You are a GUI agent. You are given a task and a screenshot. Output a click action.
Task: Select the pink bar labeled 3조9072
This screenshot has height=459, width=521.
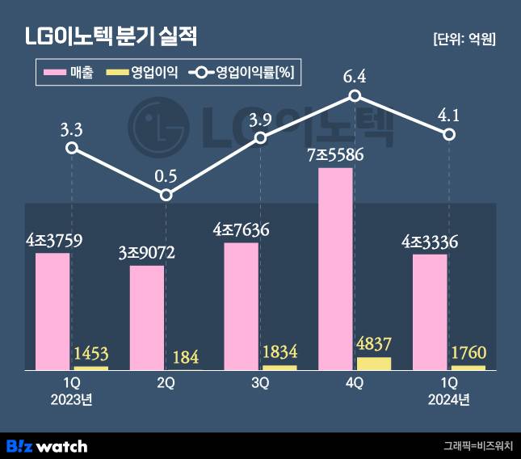pyautogui.click(x=147, y=318)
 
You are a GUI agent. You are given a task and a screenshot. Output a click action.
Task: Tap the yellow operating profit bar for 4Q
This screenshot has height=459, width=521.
pyautogui.click(x=372, y=364)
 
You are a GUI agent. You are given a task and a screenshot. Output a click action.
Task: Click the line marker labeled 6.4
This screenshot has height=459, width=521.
pyautogui.click(x=355, y=96)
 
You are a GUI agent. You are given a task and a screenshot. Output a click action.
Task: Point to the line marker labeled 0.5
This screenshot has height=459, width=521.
pyautogui.click(x=166, y=195)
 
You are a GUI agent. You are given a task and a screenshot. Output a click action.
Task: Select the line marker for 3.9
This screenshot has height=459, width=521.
pyautogui.click(x=260, y=138)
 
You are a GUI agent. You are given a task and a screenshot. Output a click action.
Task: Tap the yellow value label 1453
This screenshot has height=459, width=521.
pyautogui.click(x=90, y=353)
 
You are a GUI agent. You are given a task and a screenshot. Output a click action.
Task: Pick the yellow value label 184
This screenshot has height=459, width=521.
pyautogui.click(x=184, y=356)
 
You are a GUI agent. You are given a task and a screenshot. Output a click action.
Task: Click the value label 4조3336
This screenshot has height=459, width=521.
pyautogui.click(x=431, y=241)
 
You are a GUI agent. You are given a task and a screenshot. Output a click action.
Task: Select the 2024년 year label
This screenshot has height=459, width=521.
pyautogui.click(x=449, y=398)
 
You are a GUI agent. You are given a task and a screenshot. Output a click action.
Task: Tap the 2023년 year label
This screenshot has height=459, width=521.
pyautogui.click(x=72, y=398)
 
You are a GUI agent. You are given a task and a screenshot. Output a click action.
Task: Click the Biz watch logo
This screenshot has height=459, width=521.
pyautogui.click(x=47, y=445)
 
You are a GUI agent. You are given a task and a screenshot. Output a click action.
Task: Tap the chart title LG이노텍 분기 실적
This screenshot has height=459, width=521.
pyautogui.click(x=111, y=37)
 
